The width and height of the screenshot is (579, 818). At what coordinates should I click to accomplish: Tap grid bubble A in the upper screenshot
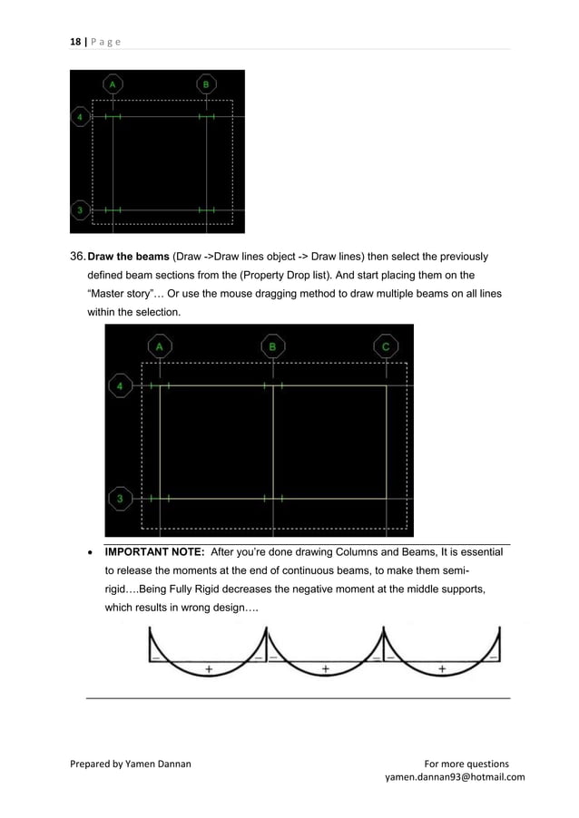113,84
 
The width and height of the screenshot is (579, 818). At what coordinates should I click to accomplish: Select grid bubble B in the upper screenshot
206,84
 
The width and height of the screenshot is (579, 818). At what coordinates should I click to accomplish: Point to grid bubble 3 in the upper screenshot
81,210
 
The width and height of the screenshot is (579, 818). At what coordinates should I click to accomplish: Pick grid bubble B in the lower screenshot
272,346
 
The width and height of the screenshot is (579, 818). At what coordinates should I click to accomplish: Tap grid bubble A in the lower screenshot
160,346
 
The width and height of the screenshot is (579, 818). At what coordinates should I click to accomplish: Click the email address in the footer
455,777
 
